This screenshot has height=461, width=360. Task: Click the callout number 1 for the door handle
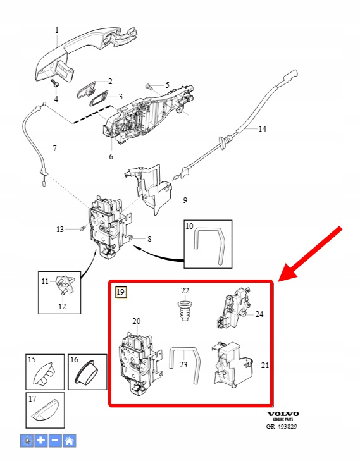(57, 30)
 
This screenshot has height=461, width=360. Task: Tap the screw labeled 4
(56, 83)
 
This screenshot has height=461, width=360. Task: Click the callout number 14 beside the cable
(263, 128)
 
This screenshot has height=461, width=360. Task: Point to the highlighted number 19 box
(121, 292)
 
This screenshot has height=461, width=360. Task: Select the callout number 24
(259, 314)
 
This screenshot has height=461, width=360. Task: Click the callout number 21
(265, 365)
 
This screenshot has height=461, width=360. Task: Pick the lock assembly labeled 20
(140, 365)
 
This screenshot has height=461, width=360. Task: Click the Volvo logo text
(283, 414)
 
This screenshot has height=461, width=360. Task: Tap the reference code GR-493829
(282, 426)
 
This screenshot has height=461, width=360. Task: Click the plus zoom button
(40, 440)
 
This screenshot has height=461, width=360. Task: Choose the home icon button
(69, 440)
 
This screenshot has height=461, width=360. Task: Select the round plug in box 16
(87, 372)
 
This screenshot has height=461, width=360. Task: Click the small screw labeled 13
(82, 228)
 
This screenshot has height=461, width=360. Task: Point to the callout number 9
(185, 200)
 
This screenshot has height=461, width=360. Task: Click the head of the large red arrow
(290, 269)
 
